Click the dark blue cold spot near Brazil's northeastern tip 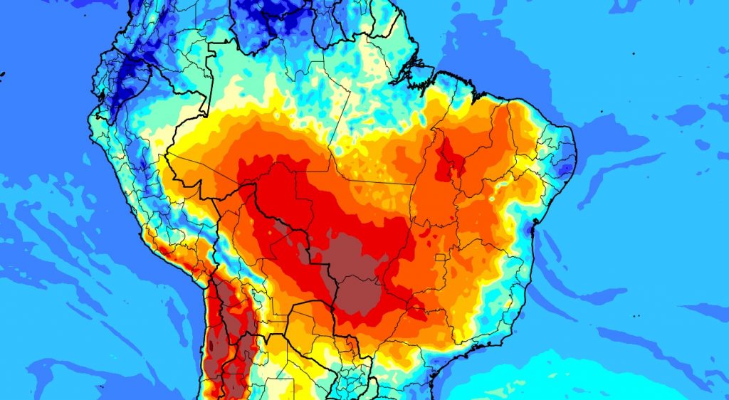coord(566,168)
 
